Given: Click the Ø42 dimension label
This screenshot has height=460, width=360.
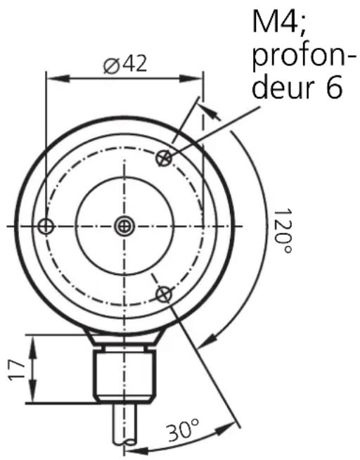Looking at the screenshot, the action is pyautogui.click(x=125, y=65).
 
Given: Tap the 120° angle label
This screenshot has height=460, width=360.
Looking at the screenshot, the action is pyautogui.click(x=283, y=231).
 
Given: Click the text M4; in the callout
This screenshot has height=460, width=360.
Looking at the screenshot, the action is pyautogui.click(x=279, y=21).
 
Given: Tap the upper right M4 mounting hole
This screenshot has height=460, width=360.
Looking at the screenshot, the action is pyautogui.click(x=164, y=158).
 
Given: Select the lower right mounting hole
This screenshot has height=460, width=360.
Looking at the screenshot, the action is pyautogui.click(x=164, y=294).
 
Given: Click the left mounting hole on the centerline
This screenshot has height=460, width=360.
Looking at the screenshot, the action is pyautogui.click(x=46, y=226).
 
